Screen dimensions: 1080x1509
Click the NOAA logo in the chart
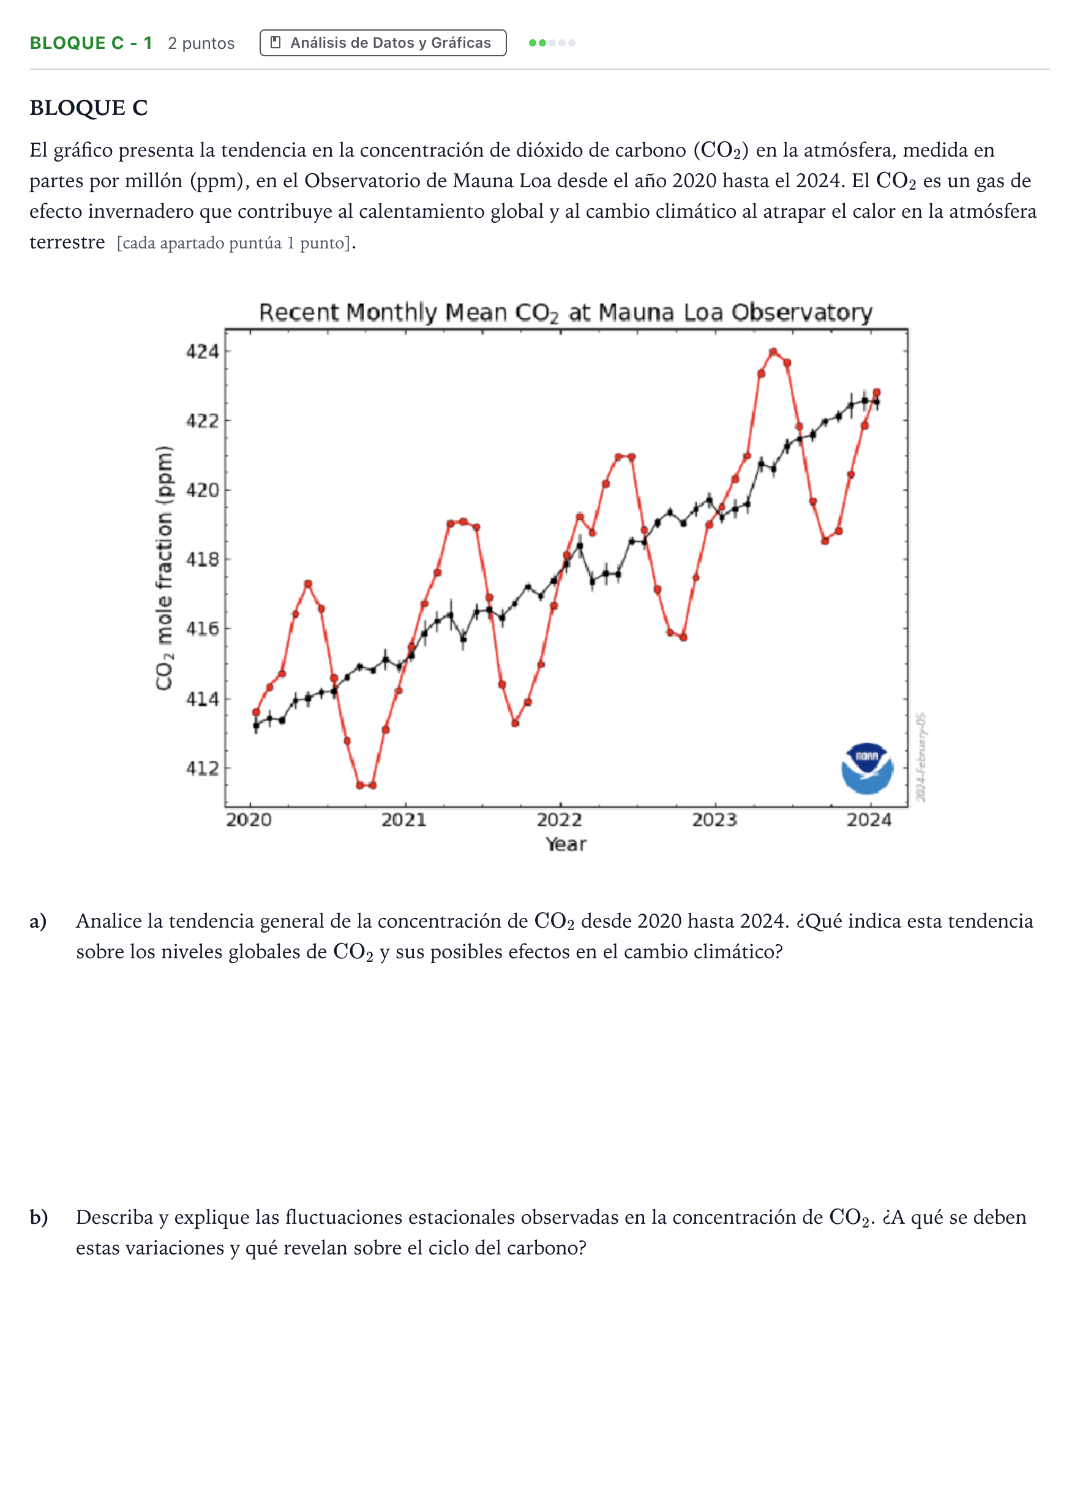(x=866, y=769)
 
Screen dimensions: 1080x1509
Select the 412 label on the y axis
(x=202, y=768)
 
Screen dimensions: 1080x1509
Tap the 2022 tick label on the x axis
(x=560, y=819)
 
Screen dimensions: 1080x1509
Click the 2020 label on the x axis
(x=249, y=819)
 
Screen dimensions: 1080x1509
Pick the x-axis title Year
(x=566, y=844)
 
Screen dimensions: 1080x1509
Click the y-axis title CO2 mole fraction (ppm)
(x=164, y=568)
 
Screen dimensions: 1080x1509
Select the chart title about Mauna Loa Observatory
(x=566, y=311)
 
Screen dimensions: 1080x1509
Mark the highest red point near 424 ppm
(x=773, y=352)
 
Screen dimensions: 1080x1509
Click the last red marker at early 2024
(x=877, y=392)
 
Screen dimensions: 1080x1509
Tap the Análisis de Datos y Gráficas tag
(x=383, y=43)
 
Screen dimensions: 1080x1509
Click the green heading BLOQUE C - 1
(x=91, y=43)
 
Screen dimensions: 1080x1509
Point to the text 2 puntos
(x=201, y=44)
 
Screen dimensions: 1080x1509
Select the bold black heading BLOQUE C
(x=88, y=108)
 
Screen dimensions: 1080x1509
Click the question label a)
(x=38, y=922)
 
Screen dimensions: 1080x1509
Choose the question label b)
(x=39, y=1217)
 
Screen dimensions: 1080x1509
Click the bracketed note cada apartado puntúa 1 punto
(x=233, y=244)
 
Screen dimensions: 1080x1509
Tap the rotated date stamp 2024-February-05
(x=920, y=757)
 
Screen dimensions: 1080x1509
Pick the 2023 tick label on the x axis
(x=715, y=819)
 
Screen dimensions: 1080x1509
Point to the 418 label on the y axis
(x=202, y=559)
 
